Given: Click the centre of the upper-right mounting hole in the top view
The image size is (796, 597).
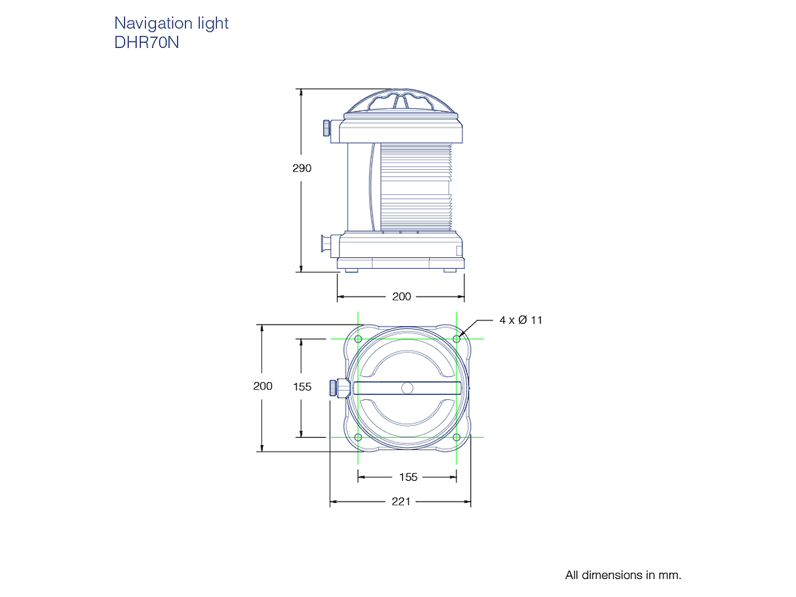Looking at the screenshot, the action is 456,339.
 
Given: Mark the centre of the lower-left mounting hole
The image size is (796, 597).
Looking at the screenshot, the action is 358,437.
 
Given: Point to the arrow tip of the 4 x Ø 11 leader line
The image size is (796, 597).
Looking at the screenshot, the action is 459,337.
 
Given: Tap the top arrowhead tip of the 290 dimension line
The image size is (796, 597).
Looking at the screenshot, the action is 301,89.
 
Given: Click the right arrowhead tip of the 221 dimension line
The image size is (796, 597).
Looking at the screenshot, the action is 471,501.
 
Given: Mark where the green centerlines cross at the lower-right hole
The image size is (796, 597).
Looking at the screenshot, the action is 456,437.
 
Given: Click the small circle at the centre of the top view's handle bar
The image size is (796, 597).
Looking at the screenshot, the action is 407,388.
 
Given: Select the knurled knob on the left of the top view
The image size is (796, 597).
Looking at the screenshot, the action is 334,388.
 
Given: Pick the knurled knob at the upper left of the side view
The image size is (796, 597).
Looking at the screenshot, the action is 326,128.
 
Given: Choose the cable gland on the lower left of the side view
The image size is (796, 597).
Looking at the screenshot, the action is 326,243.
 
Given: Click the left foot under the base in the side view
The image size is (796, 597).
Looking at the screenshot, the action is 351,271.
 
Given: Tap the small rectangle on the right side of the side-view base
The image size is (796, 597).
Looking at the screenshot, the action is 459,251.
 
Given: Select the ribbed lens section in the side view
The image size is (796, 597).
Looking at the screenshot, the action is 416,187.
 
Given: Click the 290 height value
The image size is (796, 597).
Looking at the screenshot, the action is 302,168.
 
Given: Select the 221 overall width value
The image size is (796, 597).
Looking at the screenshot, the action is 401,501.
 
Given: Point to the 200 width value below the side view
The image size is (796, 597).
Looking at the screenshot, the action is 401,297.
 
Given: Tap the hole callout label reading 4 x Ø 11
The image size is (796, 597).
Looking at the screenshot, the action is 521,320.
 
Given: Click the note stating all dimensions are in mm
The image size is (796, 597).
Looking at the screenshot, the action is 623,575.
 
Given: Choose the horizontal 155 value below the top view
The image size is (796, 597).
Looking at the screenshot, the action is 409,477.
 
